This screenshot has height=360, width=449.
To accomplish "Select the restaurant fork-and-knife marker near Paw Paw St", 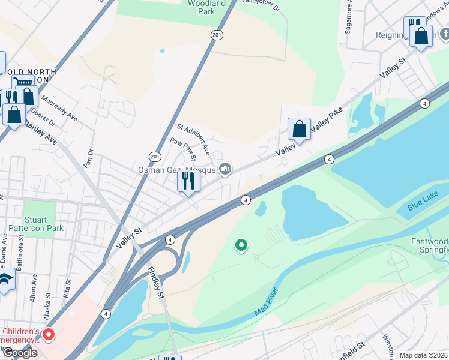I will [x=188, y=181].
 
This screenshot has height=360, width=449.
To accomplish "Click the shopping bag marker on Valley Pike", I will [x=299, y=129].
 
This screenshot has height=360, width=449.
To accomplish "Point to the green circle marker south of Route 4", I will [x=241, y=245].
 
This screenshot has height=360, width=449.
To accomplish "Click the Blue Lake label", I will [x=419, y=206].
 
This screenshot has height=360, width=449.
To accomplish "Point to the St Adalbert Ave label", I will [x=193, y=137].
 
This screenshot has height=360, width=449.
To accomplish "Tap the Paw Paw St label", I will [x=184, y=150].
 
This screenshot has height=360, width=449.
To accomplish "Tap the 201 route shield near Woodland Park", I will [x=217, y=36].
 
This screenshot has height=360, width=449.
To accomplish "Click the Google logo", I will [x=20, y=353].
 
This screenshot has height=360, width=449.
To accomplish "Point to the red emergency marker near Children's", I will [x=48, y=335].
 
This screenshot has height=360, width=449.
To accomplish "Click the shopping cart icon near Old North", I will [x=23, y=83].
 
